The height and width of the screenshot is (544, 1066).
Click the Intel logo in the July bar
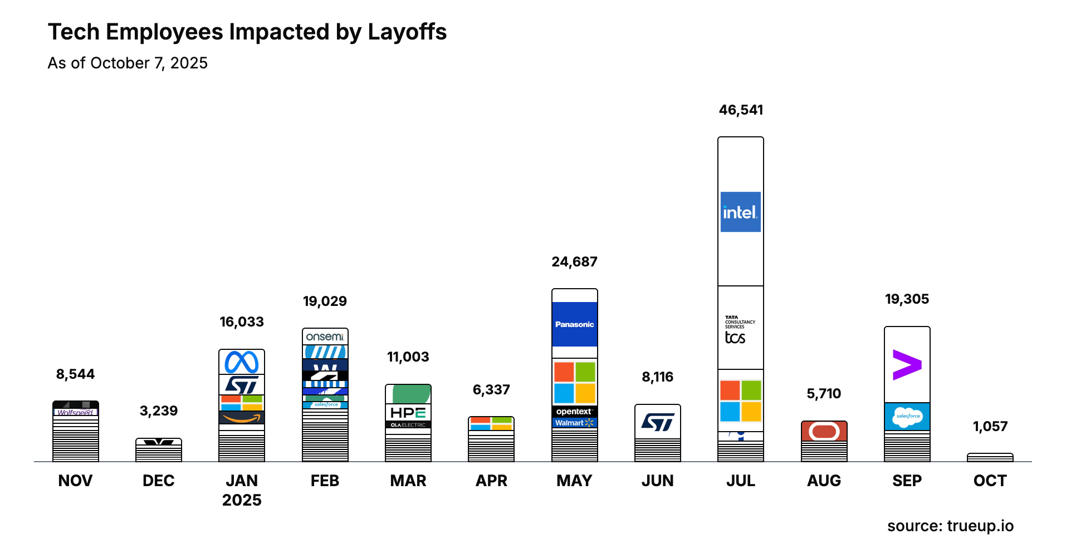point(740,212)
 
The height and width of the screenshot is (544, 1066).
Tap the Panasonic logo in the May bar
point(574,324)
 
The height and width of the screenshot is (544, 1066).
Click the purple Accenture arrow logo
point(907,365)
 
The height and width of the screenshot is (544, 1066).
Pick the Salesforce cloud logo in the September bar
point(907,417)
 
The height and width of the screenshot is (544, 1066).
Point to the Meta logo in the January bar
point(242,363)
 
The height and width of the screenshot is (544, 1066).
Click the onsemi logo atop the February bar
point(325,337)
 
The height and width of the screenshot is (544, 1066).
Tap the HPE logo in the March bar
point(408,413)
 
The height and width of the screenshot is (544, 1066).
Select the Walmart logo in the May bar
point(574,423)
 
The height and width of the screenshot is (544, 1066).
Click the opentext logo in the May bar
point(574,412)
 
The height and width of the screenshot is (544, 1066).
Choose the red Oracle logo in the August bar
point(824,431)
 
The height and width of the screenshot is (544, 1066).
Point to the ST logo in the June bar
point(658,422)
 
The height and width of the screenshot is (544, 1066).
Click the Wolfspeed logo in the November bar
point(75,412)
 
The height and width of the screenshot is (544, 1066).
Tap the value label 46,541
point(741,110)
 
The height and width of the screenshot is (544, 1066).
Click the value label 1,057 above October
point(990,427)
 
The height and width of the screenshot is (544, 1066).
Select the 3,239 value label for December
point(159,411)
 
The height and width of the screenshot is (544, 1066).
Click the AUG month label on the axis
point(824,481)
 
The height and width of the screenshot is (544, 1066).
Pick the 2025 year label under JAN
point(242,500)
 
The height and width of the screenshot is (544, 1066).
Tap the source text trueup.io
point(980,526)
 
